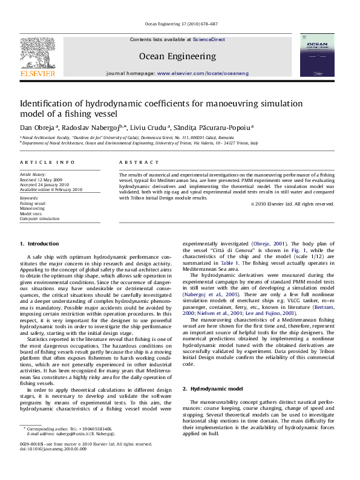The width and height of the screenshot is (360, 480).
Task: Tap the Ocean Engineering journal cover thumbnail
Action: pyautogui.click(x=316, y=55)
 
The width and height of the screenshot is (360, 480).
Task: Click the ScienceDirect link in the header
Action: pyautogui.click(x=209, y=39)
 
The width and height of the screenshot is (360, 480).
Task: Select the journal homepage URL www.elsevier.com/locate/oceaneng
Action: pyautogui.click(x=202, y=73)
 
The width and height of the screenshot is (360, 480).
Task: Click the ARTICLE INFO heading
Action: pyautogui.click(x=47, y=163)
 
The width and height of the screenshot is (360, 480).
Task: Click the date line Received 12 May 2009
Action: pyautogui.click(x=41, y=180)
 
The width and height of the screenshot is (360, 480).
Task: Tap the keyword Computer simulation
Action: pyautogui.click(x=39, y=218)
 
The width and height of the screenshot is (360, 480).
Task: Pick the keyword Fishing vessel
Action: pyautogui.click(x=33, y=204)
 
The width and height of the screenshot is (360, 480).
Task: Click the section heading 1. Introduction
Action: pyautogui.click(x=39, y=244)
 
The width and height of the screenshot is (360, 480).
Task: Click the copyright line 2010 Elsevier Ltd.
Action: pyautogui.click(x=293, y=204)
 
